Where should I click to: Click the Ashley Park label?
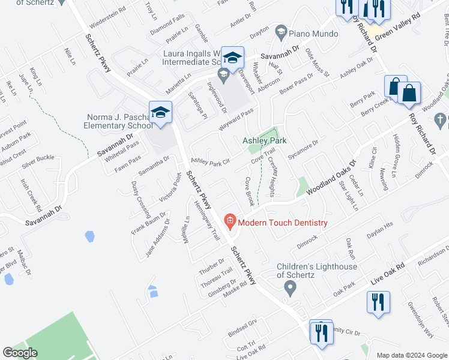coord(264,140)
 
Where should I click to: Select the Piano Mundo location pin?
coord(280,31)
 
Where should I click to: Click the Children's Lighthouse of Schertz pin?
coord(291,289)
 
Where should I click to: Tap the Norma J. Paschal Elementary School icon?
coord(161,113)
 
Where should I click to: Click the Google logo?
coord(20,353)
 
